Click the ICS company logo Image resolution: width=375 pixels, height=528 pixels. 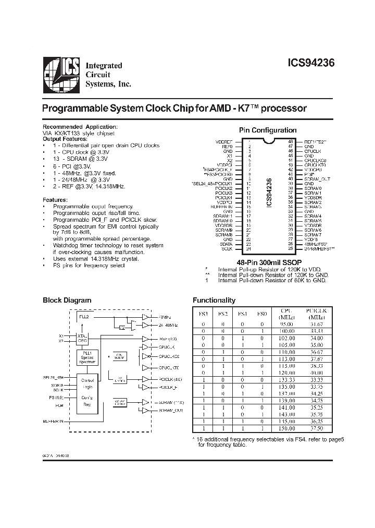[x=61, y=73]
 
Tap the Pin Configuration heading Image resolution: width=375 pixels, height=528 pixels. [x=267, y=130]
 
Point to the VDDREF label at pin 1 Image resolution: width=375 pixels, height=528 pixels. [x=224, y=141]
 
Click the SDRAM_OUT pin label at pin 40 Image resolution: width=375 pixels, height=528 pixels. [x=318, y=179]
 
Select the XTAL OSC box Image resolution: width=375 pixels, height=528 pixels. [x=82, y=338]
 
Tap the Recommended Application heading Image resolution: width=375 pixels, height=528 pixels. [x=79, y=127]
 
